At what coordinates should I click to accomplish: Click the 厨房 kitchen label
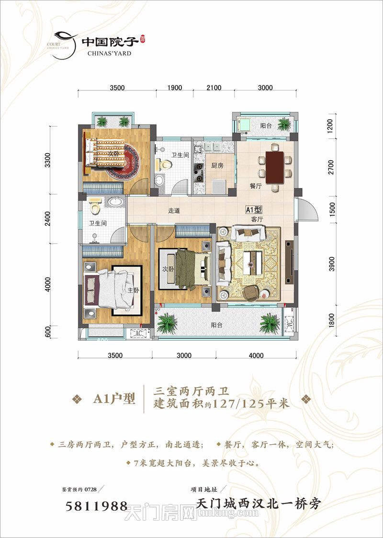(217, 166)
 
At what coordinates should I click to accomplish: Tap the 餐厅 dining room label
(255, 186)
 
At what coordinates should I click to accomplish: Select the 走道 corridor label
(174, 211)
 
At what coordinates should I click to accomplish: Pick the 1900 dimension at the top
(175, 88)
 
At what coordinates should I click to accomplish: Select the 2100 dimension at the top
(214, 88)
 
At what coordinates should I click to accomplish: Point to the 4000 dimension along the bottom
(256, 356)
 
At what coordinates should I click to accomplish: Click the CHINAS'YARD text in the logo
(110, 53)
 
